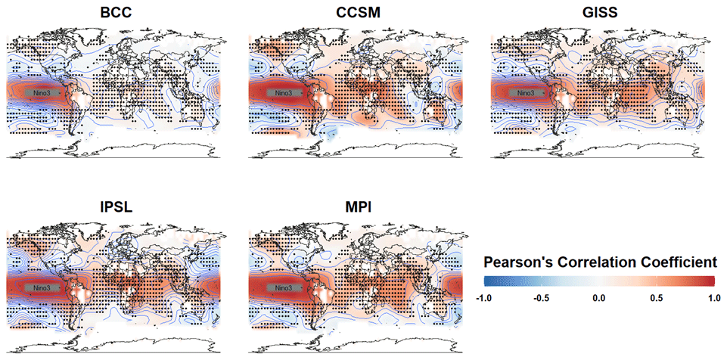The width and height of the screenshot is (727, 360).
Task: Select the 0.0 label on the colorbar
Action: coord(598,297)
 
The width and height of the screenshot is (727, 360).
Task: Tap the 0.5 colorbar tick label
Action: coord(656,297)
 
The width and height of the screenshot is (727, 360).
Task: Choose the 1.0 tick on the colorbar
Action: coord(712,297)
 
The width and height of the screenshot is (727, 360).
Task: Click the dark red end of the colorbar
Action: coord(710,281)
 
